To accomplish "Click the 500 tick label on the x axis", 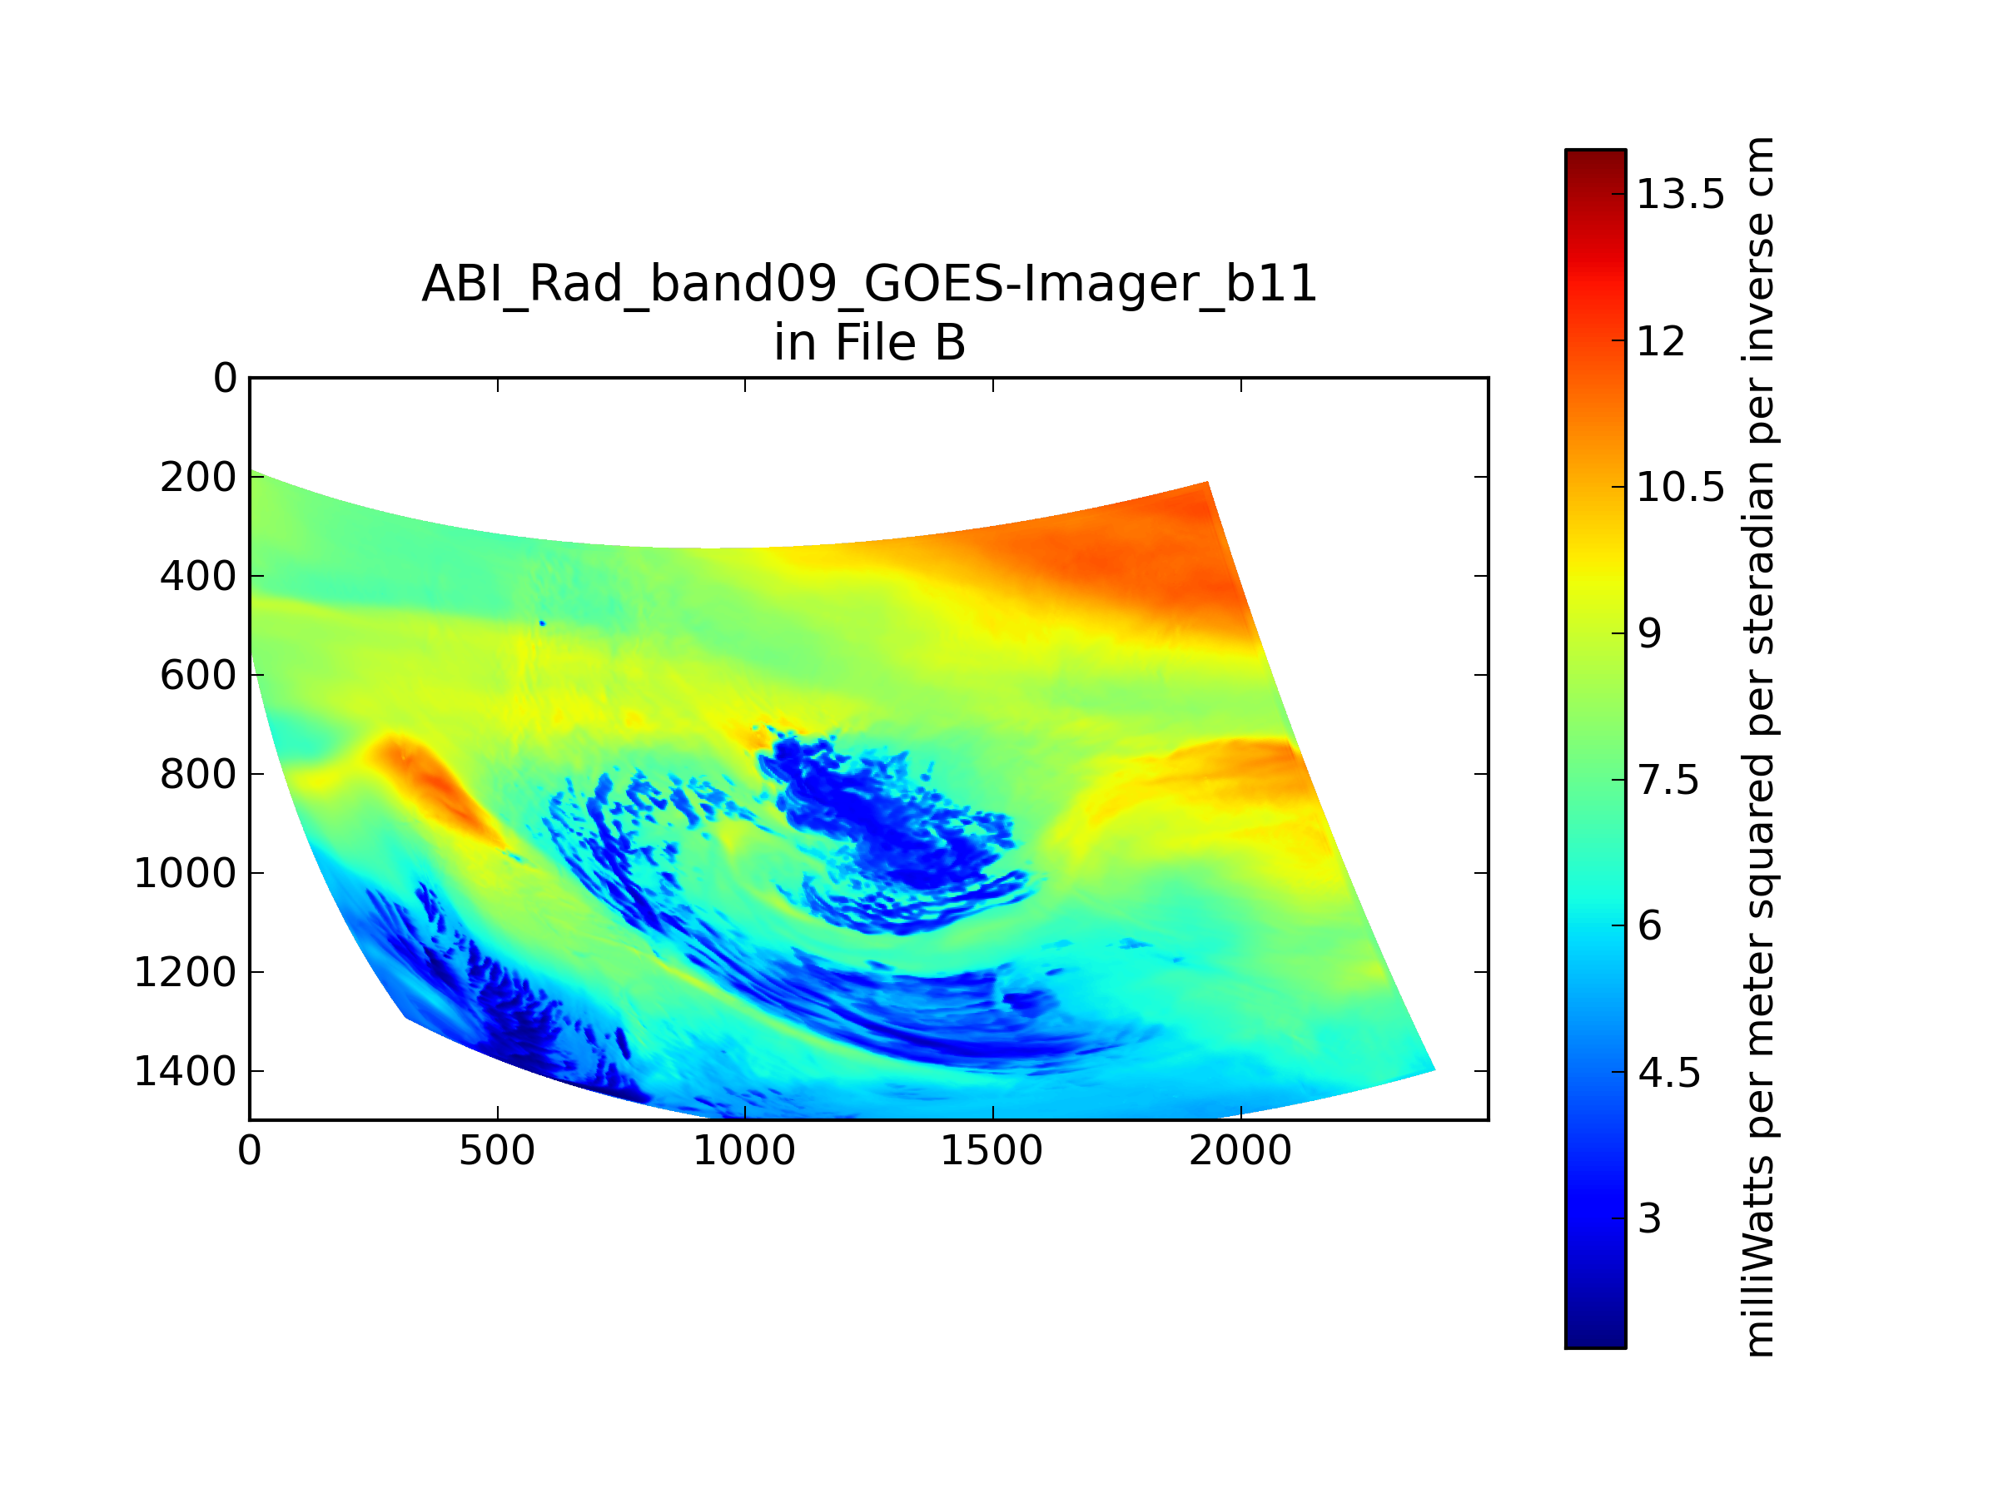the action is click(497, 1151).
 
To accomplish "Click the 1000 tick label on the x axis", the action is click(744, 1151).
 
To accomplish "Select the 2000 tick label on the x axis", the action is click(1240, 1151).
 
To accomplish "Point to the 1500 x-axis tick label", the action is click(992, 1151).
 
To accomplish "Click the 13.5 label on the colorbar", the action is click(1681, 194).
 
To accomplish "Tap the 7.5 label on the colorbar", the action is click(1668, 780).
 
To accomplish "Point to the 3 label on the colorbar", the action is click(1649, 1219).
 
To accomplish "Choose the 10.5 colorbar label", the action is click(1681, 488).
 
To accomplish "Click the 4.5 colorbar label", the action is click(1668, 1073).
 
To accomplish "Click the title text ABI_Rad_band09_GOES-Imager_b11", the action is click(870, 285).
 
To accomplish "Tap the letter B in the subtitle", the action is click(950, 343).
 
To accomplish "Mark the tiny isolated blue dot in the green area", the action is click(542, 623).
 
